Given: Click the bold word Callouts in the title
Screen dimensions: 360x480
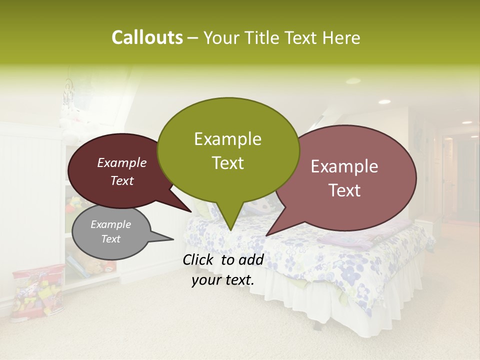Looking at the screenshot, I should click(x=147, y=37).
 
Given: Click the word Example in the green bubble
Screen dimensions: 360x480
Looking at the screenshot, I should click(x=227, y=139).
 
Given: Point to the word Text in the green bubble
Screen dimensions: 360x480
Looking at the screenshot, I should click(x=227, y=163).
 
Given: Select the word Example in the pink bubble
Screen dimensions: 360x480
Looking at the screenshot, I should click(x=344, y=166).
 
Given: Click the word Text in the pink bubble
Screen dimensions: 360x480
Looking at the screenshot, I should click(x=344, y=190).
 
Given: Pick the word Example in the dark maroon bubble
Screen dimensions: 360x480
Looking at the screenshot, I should click(x=121, y=163).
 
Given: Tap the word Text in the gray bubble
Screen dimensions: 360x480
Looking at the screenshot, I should click(x=110, y=239).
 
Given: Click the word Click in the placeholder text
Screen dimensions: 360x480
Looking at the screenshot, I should click(x=199, y=259).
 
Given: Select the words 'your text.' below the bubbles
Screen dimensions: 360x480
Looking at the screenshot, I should click(x=223, y=280).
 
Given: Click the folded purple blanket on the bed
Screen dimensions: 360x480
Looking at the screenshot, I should click(x=345, y=241).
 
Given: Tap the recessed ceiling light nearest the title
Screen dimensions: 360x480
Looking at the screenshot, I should click(x=353, y=80).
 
